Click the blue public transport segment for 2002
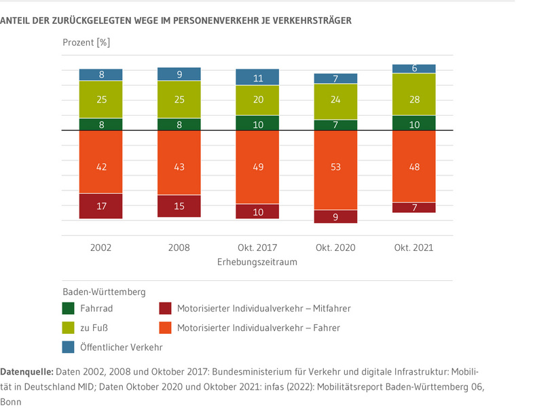click(100, 75)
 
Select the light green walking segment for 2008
click(179, 99)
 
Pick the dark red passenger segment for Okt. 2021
click(414, 207)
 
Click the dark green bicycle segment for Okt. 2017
click(257, 123)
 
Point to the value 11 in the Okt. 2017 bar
click(257, 78)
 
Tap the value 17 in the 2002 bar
click(100, 206)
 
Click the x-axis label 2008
click(179, 248)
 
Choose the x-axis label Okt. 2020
click(335, 248)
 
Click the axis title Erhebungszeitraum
click(257, 261)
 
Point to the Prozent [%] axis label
click(86, 42)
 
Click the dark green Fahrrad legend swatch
click(68, 308)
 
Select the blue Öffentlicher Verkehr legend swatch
click(68, 347)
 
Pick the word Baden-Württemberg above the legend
click(104, 292)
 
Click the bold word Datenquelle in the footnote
click(26, 373)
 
